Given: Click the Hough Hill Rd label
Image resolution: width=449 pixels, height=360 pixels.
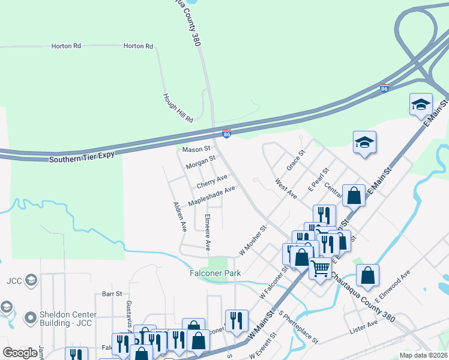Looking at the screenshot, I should pos(178,108).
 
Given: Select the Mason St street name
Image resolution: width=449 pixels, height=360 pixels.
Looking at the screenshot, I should pos(196,149).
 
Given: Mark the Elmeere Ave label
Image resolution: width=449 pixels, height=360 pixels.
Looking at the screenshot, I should pos(207,232).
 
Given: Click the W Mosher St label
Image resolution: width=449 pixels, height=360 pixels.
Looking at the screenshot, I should pos(253,241).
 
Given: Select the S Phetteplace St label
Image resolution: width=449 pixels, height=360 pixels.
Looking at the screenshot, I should pos(298,327).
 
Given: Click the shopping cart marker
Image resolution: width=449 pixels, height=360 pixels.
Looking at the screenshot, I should pos(320,268).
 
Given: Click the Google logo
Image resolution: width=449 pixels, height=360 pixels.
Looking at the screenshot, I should pos(20,353).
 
